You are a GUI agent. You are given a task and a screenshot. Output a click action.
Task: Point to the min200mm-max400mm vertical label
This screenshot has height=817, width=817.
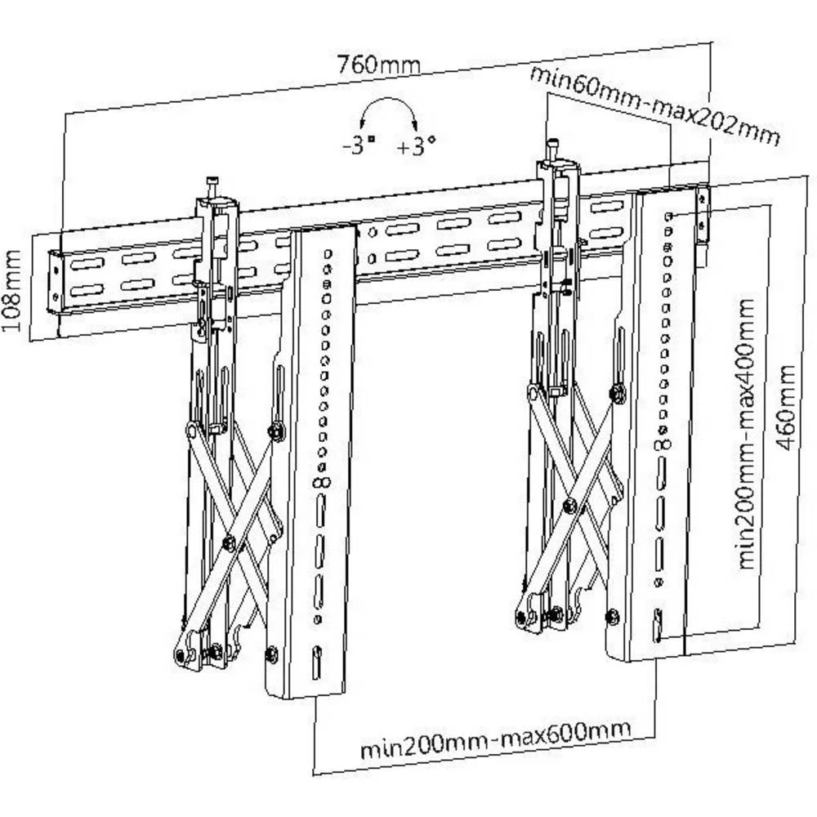747,434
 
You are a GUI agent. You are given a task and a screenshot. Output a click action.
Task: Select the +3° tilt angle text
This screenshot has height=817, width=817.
416,148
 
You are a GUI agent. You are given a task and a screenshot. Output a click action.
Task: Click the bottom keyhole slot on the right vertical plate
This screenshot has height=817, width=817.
656,625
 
